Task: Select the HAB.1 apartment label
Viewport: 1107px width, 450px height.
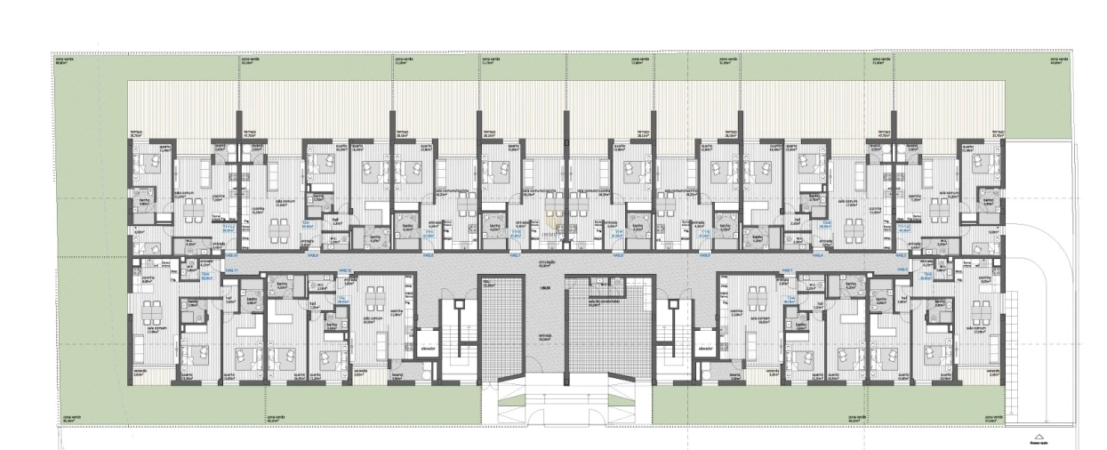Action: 786,269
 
